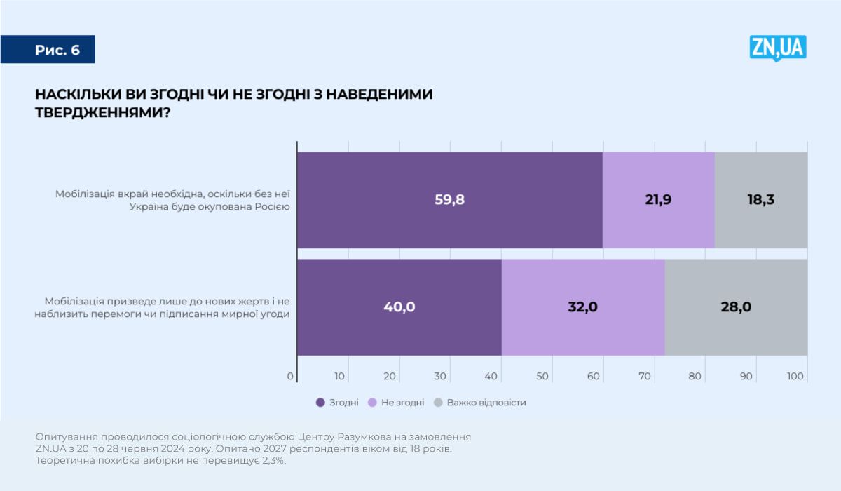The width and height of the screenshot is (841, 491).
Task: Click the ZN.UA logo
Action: pos(778,48)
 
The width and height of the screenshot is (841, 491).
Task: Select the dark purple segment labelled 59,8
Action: pos(449,199)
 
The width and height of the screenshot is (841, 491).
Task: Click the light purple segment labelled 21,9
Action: pos(658,199)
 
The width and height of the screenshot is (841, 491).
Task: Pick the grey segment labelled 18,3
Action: pos(760,199)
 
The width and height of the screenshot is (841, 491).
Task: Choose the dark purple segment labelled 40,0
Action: pos(399,307)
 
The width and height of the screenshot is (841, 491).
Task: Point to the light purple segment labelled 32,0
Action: pos(582,307)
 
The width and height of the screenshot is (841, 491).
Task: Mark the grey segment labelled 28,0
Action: pos(735,307)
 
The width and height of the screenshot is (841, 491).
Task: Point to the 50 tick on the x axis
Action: pos(542,377)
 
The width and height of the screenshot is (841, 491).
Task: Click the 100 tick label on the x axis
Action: pos(795,377)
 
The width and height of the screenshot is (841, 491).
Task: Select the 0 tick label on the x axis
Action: pos(290,377)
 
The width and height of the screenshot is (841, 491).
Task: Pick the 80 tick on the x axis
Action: pos(695,377)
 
